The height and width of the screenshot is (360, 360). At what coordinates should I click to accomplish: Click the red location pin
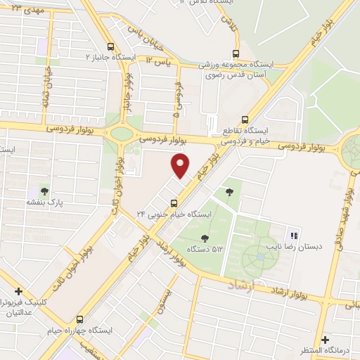coord(181,167)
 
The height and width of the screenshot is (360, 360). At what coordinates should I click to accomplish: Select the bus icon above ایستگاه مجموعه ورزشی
coord(236,53)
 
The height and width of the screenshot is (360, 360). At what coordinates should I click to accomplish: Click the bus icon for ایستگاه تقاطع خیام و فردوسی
coord(245,120)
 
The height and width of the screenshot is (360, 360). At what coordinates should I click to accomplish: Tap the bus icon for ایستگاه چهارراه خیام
coord(79,319)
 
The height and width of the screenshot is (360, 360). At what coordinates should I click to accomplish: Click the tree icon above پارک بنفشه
coord(45,191)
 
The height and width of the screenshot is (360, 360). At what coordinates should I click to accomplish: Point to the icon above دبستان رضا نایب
coord(295,236)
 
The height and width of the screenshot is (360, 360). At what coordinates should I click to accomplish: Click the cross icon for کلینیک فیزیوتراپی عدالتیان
coord(19,291)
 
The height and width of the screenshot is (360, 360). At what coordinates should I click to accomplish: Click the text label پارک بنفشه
coord(45,202)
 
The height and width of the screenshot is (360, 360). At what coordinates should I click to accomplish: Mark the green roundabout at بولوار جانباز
coord(122,133)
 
